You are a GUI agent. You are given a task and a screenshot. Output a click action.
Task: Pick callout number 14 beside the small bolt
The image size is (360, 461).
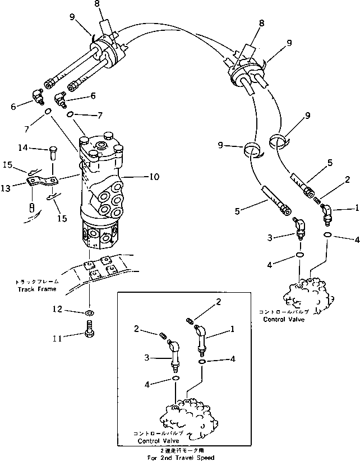38,148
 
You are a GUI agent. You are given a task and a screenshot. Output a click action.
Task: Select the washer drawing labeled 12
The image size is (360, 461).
89,311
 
